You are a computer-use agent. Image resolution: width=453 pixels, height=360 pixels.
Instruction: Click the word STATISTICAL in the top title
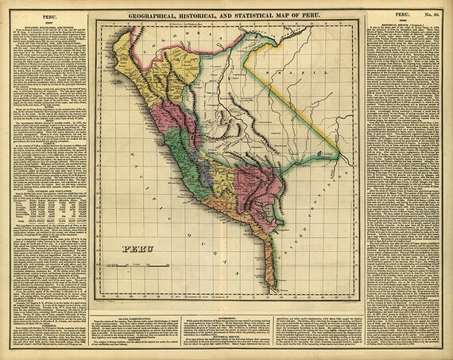click(266, 14)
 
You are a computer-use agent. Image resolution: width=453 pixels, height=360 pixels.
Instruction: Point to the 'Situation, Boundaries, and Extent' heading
click(47, 23)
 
